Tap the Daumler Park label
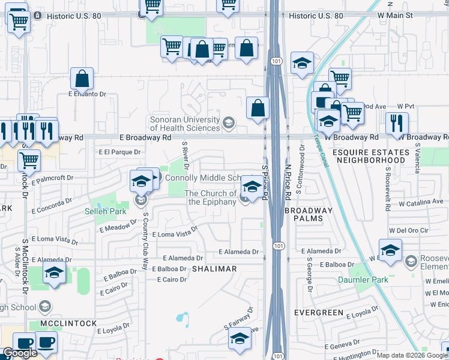(x=371, y=280)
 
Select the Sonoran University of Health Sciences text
(x=185, y=124)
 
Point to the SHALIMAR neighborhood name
(x=214, y=269)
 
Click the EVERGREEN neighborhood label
(x=319, y=313)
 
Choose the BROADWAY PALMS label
(x=308, y=214)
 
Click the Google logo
(x=20, y=353)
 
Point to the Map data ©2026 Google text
(x=412, y=355)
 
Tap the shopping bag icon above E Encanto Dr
(x=82, y=78)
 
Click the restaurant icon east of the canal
(x=397, y=122)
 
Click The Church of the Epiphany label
(x=211, y=197)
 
